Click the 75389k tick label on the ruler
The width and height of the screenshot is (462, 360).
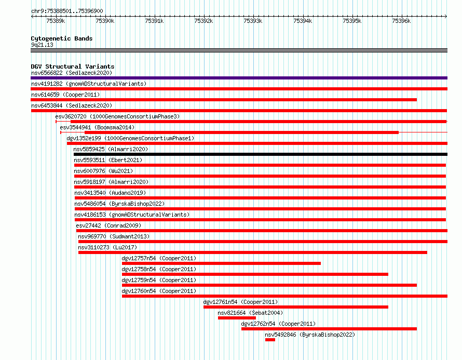tap(56, 21)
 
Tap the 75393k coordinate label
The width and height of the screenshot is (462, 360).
tap(253, 21)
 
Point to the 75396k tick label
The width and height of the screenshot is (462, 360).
tap(401, 21)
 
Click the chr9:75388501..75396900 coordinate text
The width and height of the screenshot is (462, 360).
tap(67, 11)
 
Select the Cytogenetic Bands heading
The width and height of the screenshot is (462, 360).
tap(62, 38)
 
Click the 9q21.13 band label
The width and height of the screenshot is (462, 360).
tap(42, 45)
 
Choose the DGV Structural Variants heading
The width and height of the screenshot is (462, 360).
tap(73, 66)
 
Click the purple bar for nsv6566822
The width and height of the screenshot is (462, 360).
tap(239, 78)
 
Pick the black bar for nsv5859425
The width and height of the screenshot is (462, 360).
tap(261, 154)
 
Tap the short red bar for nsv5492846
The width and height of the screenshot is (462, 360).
tap(270, 340)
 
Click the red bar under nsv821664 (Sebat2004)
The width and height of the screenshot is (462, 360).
tap(237, 318)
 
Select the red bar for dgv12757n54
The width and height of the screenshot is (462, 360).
tap(221, 263)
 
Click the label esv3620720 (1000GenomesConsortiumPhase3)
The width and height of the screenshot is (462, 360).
tap(117, 116)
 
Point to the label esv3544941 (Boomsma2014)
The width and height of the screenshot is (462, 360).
tap(97, 127)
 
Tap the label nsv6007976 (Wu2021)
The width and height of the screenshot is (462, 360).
tap(103, 171)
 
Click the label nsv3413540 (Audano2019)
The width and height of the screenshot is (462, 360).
tap(110, 193)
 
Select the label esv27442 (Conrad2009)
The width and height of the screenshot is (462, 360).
tap(108, 225)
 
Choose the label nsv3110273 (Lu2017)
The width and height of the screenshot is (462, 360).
tap(107, 247)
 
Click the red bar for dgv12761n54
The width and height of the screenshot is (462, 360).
tap(296, 307)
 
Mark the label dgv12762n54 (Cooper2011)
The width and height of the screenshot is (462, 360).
tap(278, 324)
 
